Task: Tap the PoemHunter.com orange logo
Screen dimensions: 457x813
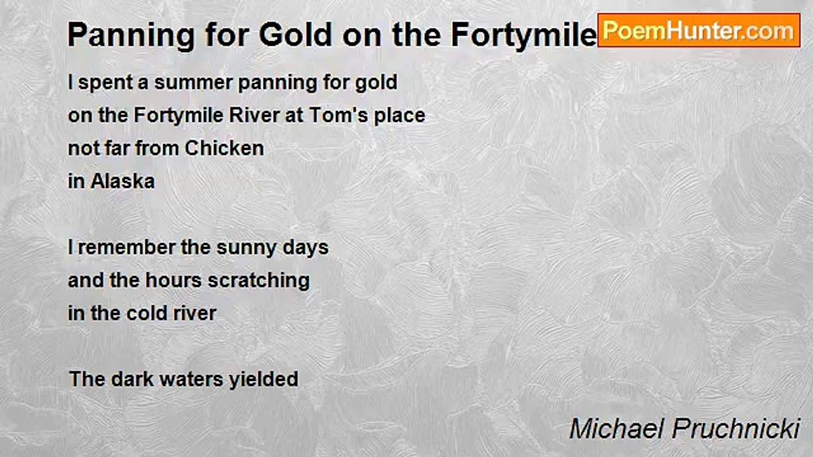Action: tap(699, 30)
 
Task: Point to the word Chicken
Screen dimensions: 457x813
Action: tap(224, 149)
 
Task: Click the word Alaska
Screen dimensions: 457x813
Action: tap(123, 182)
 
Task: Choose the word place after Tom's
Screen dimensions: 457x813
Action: tap(399, 116)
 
